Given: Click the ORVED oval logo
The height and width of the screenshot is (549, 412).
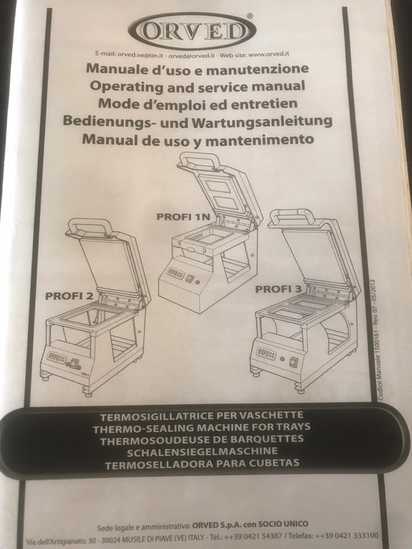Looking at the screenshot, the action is point(193,32).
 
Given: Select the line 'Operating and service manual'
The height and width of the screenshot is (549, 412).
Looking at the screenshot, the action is point(197,86).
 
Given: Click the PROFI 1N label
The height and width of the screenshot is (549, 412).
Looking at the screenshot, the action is point(184,217).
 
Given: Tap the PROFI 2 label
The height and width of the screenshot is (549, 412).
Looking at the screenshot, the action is point(69,296).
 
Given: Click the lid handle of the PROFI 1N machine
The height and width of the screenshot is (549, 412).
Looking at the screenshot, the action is point(198,162).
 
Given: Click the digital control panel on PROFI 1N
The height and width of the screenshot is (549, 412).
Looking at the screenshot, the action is point(176,273).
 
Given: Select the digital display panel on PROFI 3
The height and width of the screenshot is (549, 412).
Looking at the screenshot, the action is point(266,353).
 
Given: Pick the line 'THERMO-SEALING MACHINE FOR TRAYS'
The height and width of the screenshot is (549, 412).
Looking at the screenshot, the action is point(202,428).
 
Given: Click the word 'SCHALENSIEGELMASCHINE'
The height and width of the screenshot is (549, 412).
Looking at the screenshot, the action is point(202,452).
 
